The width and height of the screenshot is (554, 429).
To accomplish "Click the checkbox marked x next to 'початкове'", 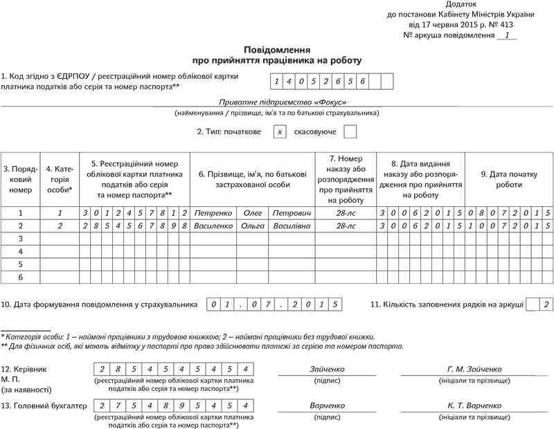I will click(x=280, y=131).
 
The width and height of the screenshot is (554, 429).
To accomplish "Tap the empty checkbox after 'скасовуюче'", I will click(x=350, y=131).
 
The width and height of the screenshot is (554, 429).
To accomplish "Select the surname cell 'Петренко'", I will click(x=213, y=213).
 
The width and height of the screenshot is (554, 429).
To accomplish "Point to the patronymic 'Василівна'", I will click(x=293, y=226).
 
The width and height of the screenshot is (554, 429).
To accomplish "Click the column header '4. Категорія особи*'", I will click(x=60, y=179).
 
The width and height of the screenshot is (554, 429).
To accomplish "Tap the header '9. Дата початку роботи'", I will click(x=508, y=179).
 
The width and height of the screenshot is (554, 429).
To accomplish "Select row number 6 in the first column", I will click(x=20, y=276).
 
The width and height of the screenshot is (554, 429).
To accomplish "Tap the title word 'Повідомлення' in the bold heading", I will click(x=276, y=50).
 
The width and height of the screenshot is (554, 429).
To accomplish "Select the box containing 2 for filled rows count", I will click(x=547, y=304).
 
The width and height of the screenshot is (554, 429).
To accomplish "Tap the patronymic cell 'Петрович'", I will click(x=293, y=213).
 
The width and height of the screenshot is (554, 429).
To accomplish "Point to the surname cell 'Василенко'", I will click(x=213, y=226).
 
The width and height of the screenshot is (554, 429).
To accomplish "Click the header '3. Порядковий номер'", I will click(x=20, y=179).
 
